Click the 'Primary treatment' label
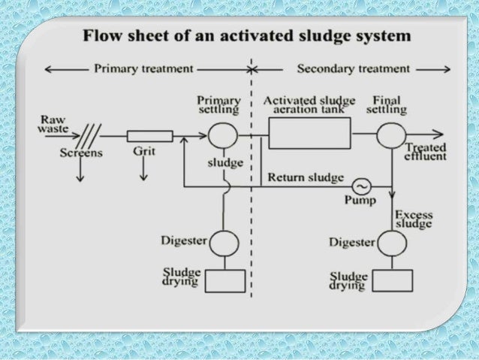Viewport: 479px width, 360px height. tap(142, 69)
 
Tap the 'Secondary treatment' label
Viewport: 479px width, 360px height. tap(354, 69)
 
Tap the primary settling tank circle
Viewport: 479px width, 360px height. tap(223, 136)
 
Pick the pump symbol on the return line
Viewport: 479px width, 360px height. tap(363, 185)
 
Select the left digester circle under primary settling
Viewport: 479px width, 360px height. tap(224, 244)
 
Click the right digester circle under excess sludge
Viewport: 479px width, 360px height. tap(391, 244)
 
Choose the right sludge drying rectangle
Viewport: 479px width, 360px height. tap(391, 280)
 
